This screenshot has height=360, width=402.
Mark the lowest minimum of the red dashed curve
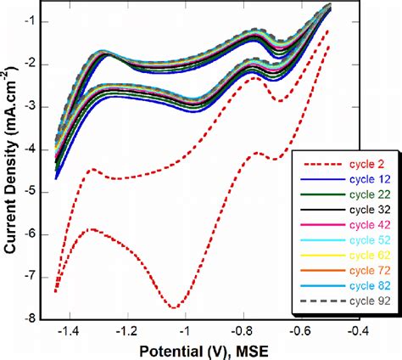tap(175, 307)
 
